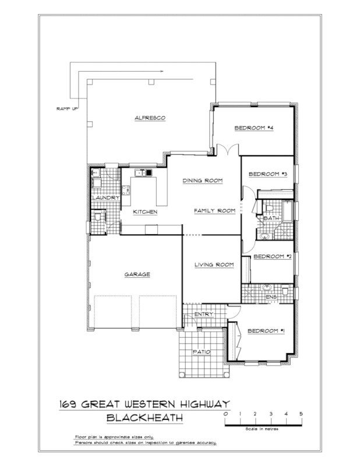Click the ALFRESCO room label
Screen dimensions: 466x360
click(151, 118)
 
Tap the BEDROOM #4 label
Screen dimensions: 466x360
click(254, 128)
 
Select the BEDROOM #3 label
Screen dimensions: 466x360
click(268, 174)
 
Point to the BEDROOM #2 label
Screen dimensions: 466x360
click(272, 256)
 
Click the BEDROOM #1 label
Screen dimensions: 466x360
click(266, 331)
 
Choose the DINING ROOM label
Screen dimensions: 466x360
click(203, 181)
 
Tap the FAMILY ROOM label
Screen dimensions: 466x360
click(214, 211)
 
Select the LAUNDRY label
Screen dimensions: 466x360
click(105, 198)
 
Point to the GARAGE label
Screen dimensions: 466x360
click(137, 274)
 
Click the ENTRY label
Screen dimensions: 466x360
click(204, 315)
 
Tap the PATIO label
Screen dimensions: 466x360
click(201, 352)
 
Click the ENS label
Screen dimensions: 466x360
click(271, 298)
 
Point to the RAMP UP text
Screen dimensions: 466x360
click(67, 109)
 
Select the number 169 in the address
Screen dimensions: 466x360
click(72, 404)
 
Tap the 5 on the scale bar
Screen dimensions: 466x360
click(301, 413)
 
